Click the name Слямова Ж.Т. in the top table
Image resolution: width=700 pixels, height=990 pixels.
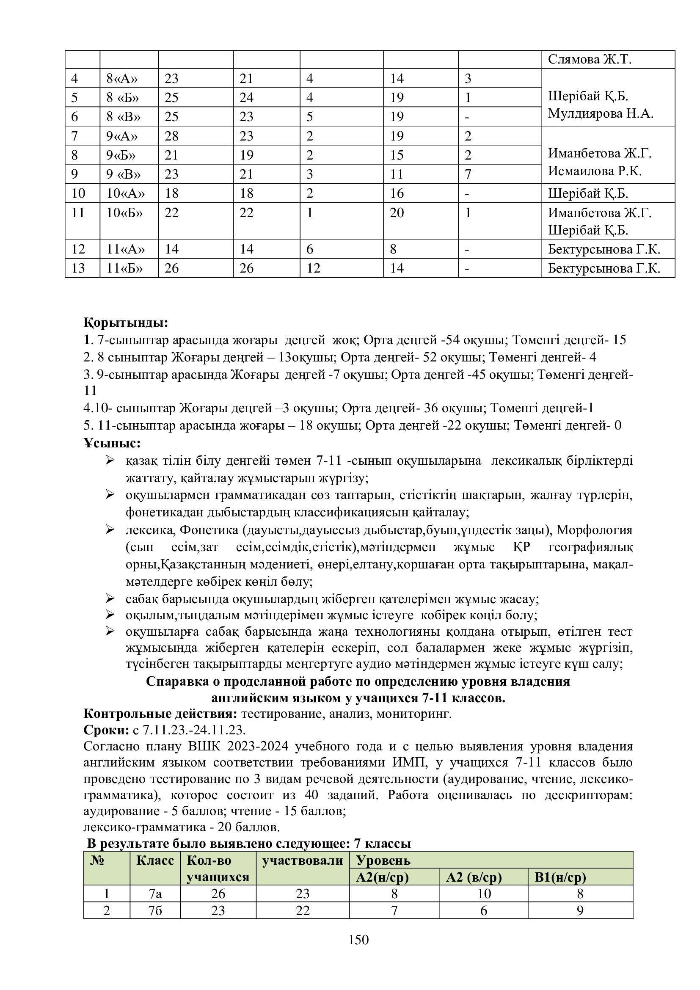point(589,60)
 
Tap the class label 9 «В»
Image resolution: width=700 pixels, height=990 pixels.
point(123,174)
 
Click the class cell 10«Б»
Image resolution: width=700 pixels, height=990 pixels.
point(124,212)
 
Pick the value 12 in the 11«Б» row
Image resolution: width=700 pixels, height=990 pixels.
point(314,268)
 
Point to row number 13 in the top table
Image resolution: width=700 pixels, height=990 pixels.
point(78,268)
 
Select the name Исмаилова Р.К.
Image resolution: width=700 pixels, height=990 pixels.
point(595,171)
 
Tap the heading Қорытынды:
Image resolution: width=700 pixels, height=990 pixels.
point(126,323)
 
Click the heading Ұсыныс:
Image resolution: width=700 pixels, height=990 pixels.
point(112,443)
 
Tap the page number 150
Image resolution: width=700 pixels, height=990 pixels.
point(358,940)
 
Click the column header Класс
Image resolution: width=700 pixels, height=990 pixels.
point(155,860)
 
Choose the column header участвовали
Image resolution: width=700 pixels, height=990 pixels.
point(303,860)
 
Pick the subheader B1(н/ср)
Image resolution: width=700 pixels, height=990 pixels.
point(559,877)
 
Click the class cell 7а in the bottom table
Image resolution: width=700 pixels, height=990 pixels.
point(155,894)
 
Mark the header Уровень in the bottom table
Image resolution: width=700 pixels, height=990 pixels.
point(383,860)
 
